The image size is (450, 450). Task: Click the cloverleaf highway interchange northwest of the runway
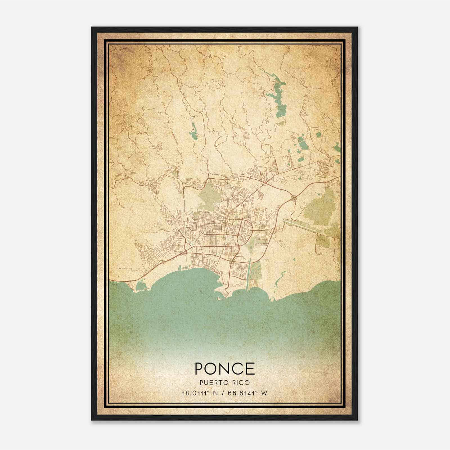(x=294, y=198)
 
